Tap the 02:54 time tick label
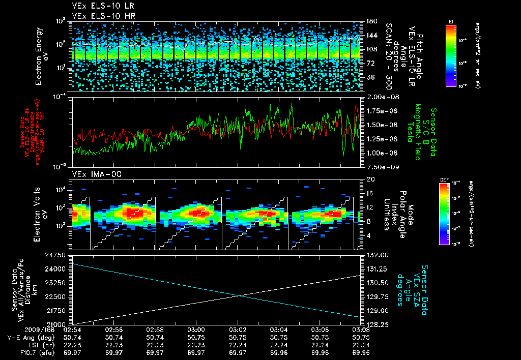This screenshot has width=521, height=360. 72,329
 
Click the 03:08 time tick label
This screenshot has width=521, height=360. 360,329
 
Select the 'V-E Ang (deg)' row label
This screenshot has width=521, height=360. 30,337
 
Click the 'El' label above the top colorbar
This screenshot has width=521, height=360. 451,21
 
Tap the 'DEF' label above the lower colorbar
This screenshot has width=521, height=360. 444,180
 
